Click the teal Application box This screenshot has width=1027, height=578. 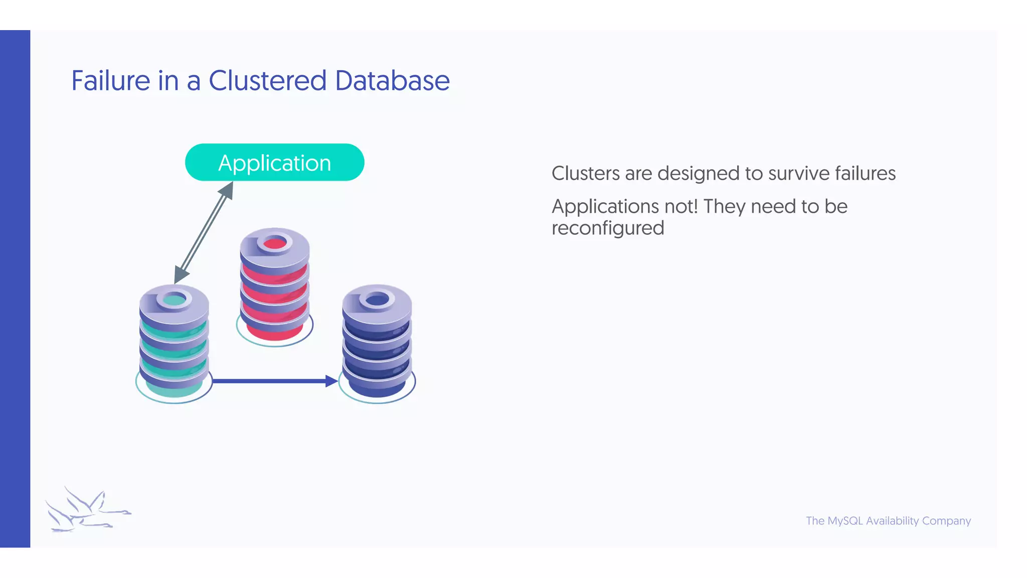[x=274, y=163]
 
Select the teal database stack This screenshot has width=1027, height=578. [x=174, y=344]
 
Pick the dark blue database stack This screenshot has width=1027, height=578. [x=377, y=344]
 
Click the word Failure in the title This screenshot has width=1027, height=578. [x=111, y=81]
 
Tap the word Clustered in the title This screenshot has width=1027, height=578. [x=267, y=81]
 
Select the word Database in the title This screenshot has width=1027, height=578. [x=392, y=81]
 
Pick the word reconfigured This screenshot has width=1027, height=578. [x=608, y=228]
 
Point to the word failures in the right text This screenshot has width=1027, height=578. [x=865, y=174]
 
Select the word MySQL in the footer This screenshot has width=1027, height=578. [x=845, y=521]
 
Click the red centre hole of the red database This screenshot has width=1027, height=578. [x=274, y=244]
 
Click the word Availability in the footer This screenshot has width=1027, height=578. [x=892, y=521]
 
